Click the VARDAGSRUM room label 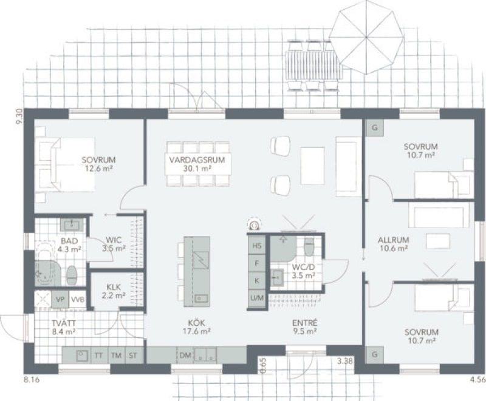197,160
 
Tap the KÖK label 196,323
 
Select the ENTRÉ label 305,323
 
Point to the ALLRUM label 393,240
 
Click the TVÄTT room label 64,323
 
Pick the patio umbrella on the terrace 366,38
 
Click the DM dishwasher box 185,356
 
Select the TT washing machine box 98,356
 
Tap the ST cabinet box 133,356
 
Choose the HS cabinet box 256,246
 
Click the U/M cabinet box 257,298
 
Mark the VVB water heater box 77,300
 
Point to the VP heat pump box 60,300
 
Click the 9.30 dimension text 19,116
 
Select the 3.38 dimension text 345,361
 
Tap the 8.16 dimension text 32,379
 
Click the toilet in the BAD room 72,275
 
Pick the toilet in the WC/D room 309,246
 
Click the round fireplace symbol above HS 255,224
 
